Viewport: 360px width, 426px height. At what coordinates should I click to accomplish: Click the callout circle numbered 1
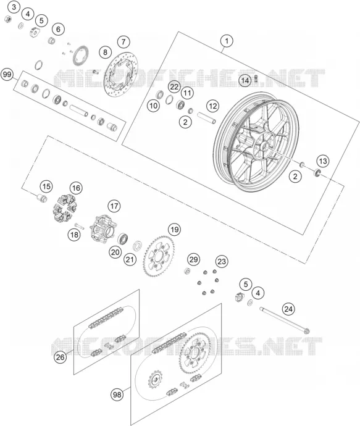227,41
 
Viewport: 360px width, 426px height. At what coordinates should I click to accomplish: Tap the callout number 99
7,75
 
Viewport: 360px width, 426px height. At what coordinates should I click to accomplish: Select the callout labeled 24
288,309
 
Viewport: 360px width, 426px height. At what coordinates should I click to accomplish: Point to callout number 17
114,206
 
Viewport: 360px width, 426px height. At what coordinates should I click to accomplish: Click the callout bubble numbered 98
117,395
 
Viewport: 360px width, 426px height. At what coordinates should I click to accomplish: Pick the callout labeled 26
60,357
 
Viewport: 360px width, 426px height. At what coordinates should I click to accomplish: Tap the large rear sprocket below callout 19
159,256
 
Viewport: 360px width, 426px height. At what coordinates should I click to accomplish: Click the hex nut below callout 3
8,19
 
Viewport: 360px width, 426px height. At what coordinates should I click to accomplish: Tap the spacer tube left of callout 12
206,117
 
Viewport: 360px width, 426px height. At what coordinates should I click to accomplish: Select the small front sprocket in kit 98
156,380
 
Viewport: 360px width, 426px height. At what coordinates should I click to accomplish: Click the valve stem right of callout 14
256,79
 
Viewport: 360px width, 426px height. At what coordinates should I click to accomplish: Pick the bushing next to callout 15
41,198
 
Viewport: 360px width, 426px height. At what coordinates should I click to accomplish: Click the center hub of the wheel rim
263,147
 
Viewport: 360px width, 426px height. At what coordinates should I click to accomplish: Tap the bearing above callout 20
123,239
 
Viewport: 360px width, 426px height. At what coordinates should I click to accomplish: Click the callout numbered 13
322,161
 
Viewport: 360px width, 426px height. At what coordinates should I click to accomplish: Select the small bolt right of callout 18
79,225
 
